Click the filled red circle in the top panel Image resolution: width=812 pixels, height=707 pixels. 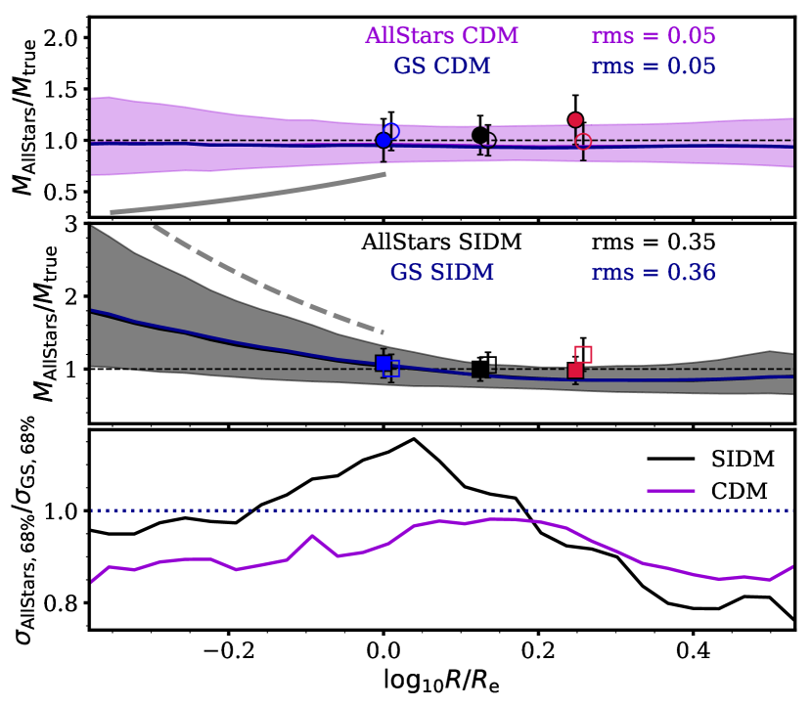575,119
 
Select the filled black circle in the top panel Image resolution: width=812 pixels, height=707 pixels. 479,135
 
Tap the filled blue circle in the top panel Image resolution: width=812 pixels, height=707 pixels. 383,140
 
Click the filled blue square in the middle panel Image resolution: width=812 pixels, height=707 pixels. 383,364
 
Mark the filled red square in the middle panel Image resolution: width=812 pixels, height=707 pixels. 575,370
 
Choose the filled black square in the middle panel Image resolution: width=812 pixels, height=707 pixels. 479,369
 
